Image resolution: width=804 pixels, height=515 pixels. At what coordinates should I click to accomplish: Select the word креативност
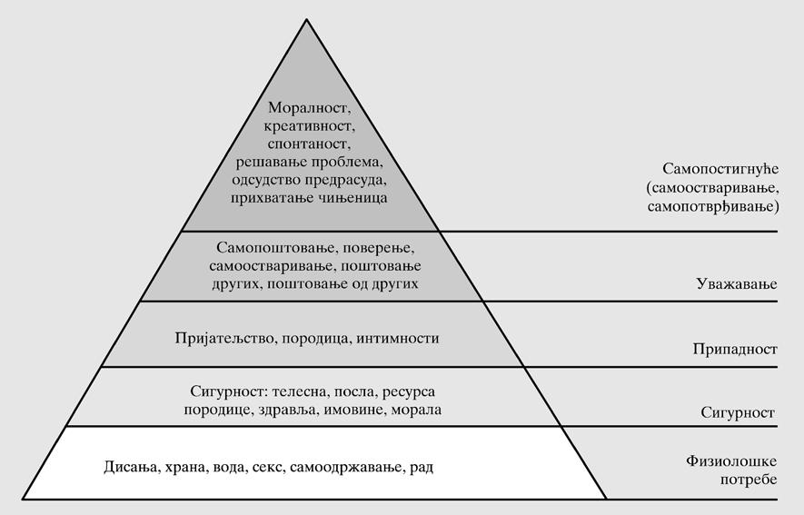point(311,126)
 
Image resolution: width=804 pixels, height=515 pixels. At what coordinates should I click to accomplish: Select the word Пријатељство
point(222,338)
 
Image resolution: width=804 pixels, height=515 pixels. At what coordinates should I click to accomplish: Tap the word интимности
point(397,338)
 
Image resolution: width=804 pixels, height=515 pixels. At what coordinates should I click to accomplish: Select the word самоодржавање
point(344,468)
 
